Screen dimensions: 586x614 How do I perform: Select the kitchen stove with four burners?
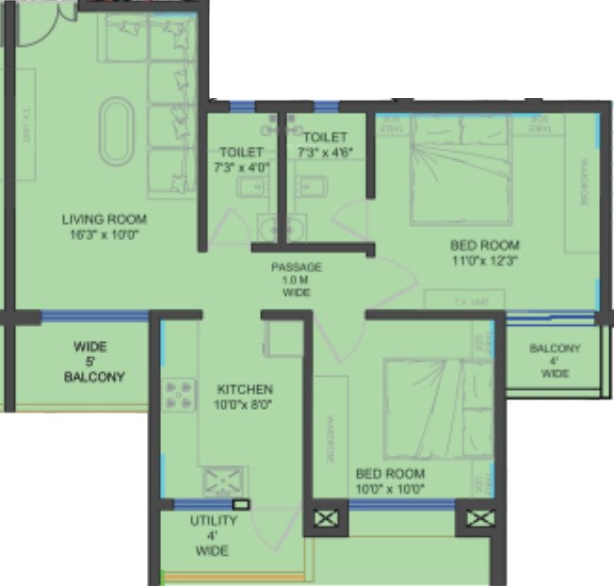tap(179, 394)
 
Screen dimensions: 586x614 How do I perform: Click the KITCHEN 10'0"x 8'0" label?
tap(245, 397)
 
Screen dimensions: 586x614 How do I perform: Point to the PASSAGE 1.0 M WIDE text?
tap(297, 280)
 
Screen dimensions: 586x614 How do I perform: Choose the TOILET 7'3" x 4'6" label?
tap(322, 144)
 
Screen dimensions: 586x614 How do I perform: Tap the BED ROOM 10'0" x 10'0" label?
tap(390, 480)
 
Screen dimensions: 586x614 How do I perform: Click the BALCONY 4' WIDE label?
tap(555, 361)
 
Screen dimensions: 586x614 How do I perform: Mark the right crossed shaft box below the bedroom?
tap(478, 518)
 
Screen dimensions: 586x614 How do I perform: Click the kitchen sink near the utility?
tap(224, 481)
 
